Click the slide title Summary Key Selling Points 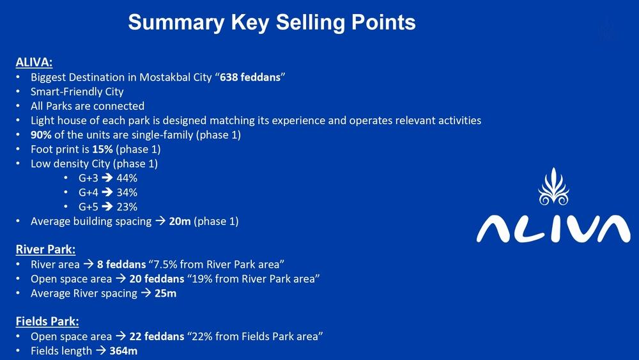(x=272, y=22)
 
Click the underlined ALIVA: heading (x=35, y=63)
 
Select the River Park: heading (x=45, y=249)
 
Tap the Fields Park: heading (x=47, y=321)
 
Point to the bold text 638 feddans (x=250, y=77)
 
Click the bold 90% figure (x=41, y=134)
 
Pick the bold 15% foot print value (x=102, y=149)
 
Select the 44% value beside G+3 (x=127, y=178)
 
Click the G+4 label (x=88, y=192)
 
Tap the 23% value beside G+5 (x=127, y=207)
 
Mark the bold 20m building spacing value (x=180, y=221)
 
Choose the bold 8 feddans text (x=121, y=264)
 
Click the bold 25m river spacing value (x=166, y=293)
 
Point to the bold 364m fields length (x=123, y=350)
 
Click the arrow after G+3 (x=107, y=178)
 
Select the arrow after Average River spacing (x=146, y=293)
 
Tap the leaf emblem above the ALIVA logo (x=553, y=186)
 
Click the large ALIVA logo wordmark (x=553, y=229)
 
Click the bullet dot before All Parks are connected (x=18, y=106)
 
